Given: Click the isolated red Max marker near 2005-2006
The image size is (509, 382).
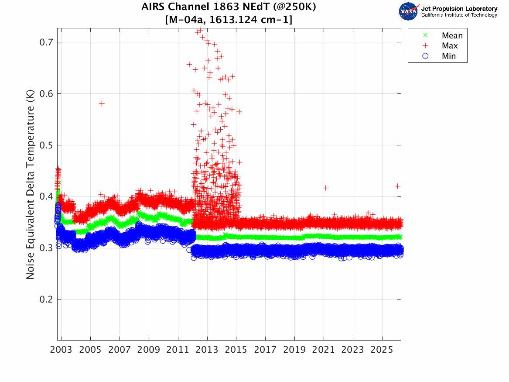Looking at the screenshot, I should (102, 103).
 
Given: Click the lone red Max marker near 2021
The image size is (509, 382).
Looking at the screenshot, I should (325, 188).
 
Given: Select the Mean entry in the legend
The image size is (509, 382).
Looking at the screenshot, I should (452, 36).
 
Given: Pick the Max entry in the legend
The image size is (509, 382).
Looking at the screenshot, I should (449, 46).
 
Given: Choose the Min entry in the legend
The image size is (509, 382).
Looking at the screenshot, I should (449, 56).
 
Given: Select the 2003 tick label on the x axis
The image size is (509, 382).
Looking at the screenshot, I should (61, 350).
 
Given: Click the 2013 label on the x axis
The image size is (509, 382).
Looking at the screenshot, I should (207, 350).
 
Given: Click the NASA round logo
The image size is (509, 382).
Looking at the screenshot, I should (409, 11).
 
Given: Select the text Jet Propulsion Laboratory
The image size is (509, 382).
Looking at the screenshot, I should (459, 9).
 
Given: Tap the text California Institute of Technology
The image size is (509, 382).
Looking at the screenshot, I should (459, 15).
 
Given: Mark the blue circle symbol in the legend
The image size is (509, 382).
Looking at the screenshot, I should (426, 56).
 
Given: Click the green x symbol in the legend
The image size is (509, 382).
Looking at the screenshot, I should (426, 35).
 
